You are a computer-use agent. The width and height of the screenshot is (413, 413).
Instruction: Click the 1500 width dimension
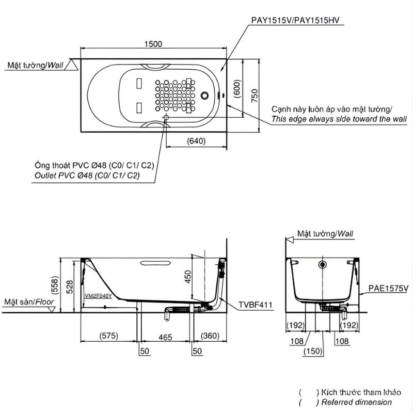tap(153, 44)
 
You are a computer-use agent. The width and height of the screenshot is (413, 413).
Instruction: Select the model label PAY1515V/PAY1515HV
tap(297, 21)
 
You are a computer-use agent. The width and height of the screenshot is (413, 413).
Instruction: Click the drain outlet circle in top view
tap(166, 118)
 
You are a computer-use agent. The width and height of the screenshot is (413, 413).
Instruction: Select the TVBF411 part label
tap(255, 305)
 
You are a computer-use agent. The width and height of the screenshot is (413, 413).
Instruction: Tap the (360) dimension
tap(210, 336)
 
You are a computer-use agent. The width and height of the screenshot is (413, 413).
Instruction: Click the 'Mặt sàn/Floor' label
tap(27, 301)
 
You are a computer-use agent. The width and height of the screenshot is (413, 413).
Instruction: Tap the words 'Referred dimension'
tap(356, 402)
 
